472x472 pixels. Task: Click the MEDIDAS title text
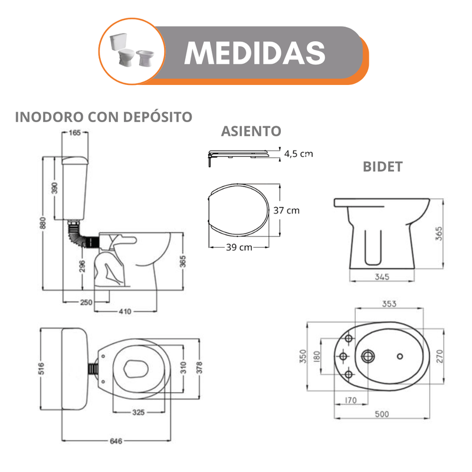point(255,53)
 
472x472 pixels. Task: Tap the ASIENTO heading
point(251,131)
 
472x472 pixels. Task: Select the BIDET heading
point(382,167)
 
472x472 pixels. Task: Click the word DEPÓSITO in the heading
point(158,117)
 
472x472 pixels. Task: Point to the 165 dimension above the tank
point(75,132)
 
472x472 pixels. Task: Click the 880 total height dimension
point(42,223)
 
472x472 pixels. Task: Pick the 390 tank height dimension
point(54,188)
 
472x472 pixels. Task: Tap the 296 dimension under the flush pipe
point(82,267)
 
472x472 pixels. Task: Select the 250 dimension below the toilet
point(86,302)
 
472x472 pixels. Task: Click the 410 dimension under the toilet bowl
point(125,312)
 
